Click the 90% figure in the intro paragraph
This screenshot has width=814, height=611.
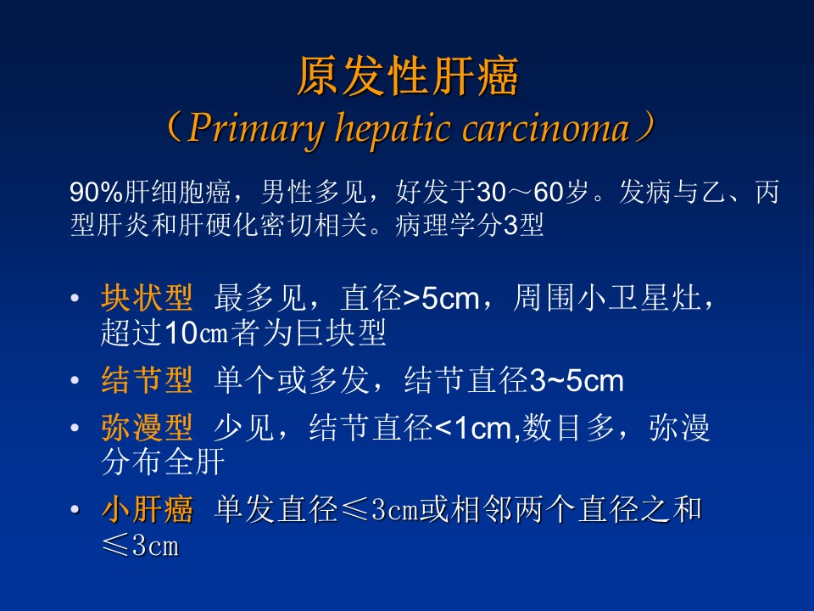97,192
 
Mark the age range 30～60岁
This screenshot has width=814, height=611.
532,192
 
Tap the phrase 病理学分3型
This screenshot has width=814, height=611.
470,225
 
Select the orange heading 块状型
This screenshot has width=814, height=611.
147,298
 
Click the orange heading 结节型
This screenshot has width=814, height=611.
147,380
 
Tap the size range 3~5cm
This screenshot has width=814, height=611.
577,381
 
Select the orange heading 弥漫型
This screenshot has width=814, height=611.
147,427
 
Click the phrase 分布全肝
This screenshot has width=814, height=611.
163,462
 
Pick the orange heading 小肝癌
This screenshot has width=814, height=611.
147,508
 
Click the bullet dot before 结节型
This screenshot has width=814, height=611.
75,380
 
